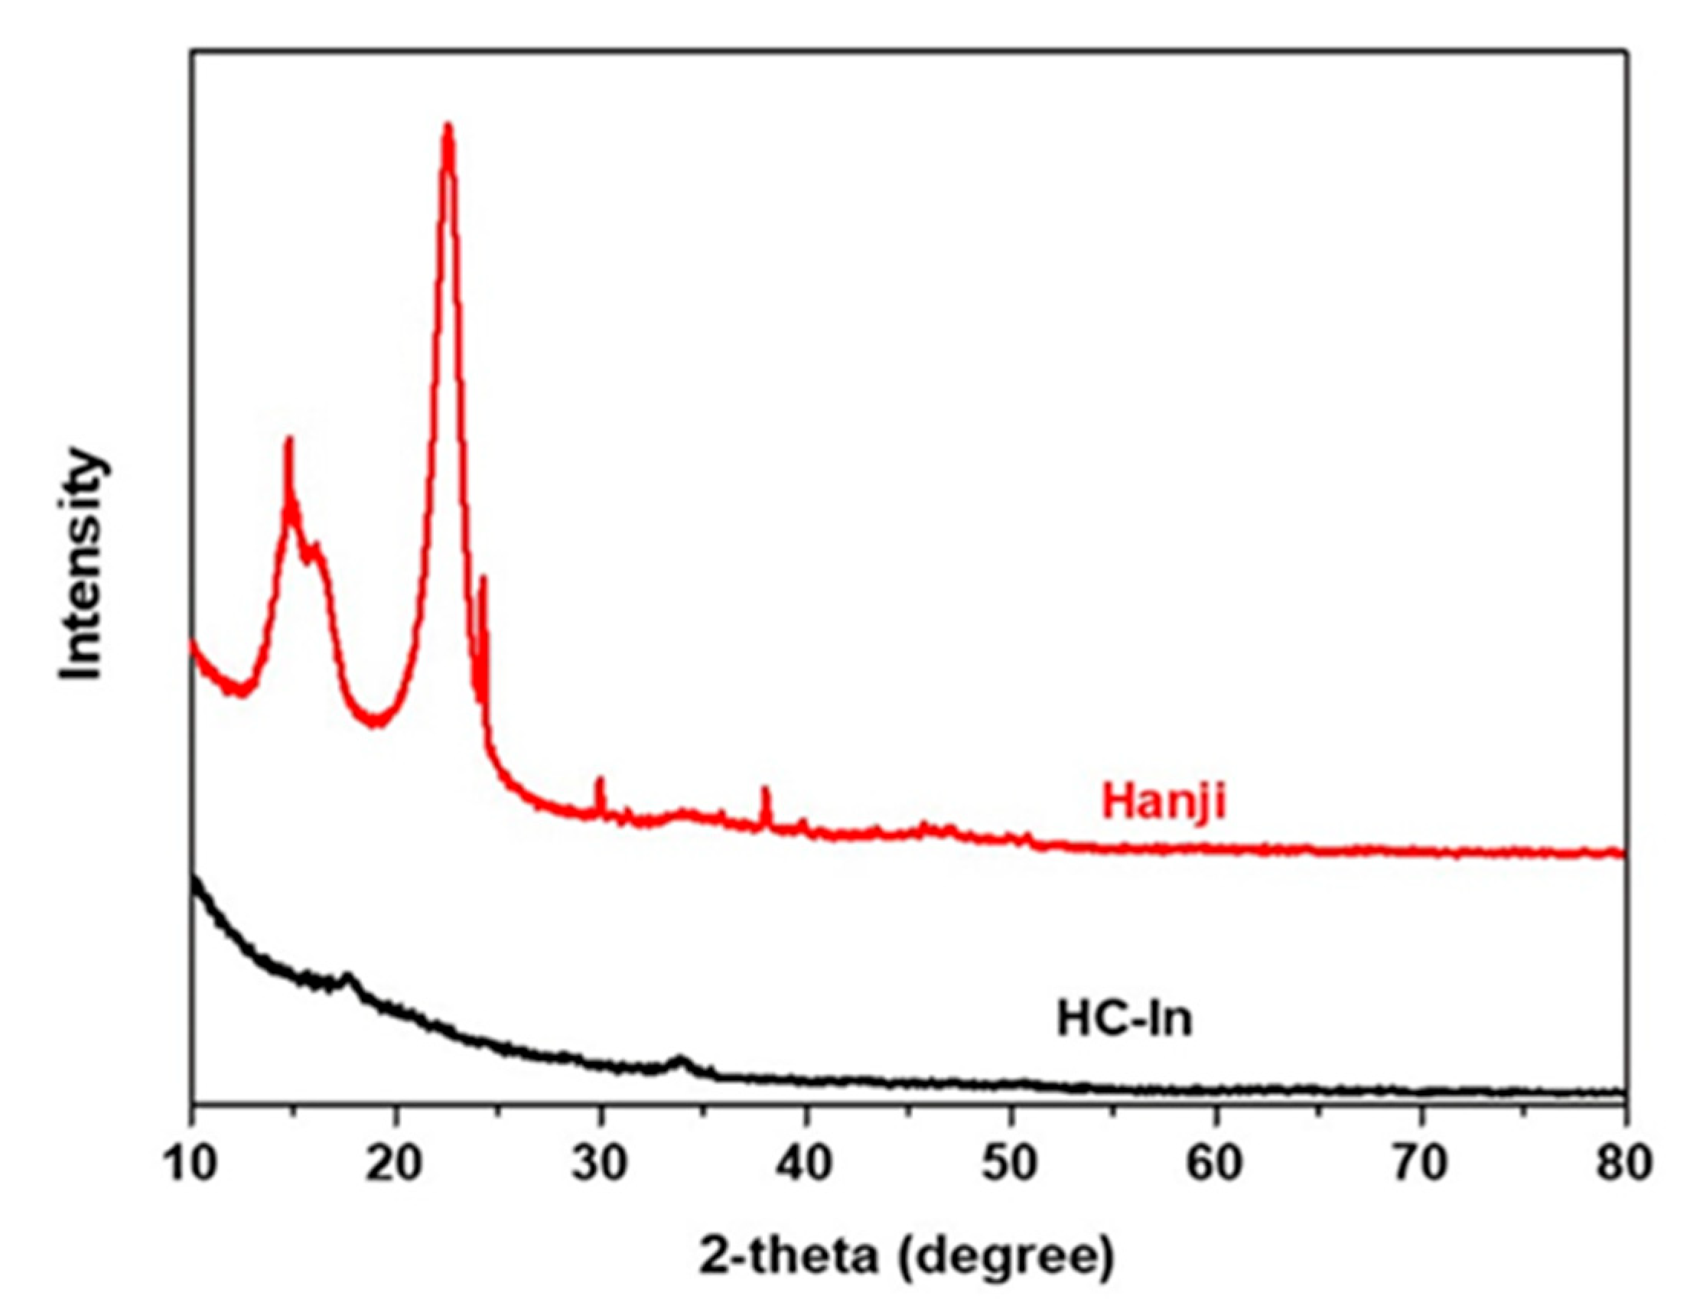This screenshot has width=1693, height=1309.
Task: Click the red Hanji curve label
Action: click(x=1164, y=802)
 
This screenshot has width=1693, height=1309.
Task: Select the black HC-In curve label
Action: click(x=1125, y=1019)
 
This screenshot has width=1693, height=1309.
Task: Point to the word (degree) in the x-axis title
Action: click(x=1006, y=1260)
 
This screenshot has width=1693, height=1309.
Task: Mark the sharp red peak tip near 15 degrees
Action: click(x=289, y=440)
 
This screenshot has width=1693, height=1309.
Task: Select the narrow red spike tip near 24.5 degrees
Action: click(x=483, y=578)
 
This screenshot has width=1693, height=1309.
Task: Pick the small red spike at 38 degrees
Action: click(x=766, y=790)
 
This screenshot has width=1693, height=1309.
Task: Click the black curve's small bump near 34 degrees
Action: click(x=682, y=1059)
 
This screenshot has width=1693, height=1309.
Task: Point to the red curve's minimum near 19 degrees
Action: click(x=376, y=722)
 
